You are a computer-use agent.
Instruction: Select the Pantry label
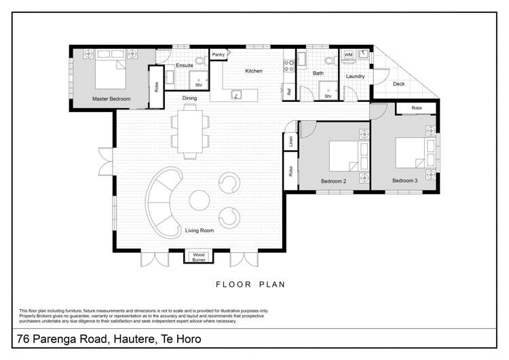(219, 54)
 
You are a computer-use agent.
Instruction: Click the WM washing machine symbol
(348, 54)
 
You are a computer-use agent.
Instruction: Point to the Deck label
(399, 84)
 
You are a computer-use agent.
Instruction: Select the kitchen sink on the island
(237, 94)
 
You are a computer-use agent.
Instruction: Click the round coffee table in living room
(199, 200)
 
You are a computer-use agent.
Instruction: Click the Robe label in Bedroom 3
(416, 108)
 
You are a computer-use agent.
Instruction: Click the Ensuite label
(185, 66)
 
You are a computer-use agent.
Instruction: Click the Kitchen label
(253, 71)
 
